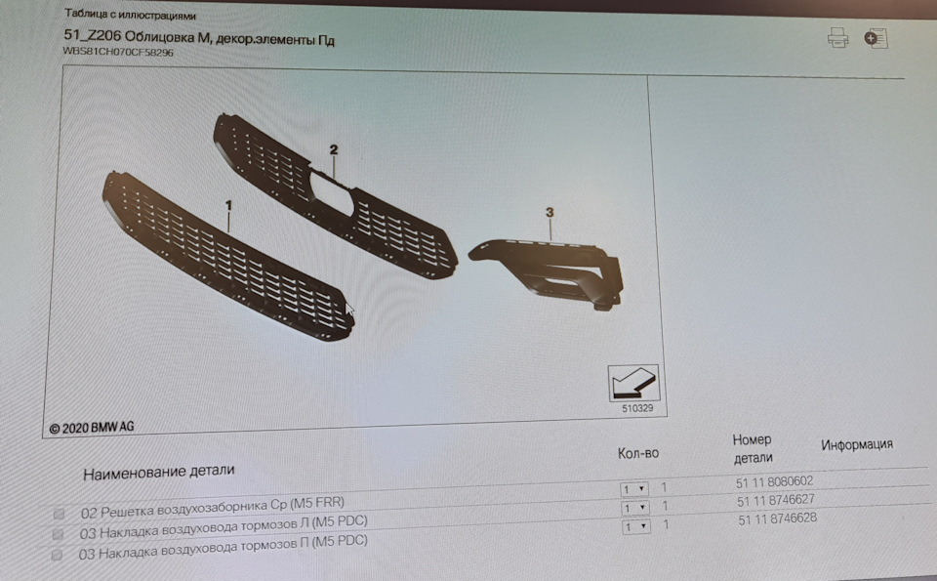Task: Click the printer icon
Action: [x=837, y=38]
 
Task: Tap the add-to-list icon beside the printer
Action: [x=876, y=38]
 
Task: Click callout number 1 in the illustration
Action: [x=228, y=205]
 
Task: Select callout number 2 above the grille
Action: [x=334, y=149]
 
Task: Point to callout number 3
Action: [x=550, y=212]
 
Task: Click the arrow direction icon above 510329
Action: [x=633, y=383]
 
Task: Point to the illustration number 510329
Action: [x=637, y=408]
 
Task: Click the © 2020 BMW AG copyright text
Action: [x=92, y=428]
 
